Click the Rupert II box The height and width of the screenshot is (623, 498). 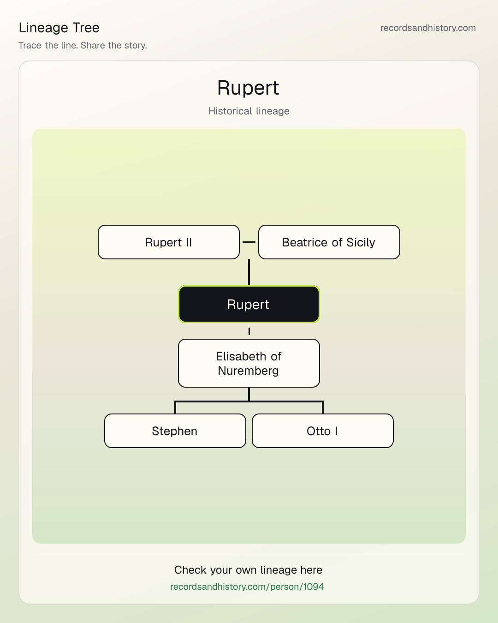169,242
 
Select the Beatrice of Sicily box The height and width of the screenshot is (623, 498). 329,242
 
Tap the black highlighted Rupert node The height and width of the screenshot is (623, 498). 249,304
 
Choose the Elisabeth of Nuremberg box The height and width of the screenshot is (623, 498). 249,363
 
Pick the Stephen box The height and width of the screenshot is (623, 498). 175,431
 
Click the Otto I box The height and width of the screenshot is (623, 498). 323,431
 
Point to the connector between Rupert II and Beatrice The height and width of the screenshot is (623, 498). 249,242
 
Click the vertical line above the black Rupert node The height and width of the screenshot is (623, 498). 249,272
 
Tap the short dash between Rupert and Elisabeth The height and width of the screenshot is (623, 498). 249,331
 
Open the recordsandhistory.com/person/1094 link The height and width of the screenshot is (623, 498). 247,587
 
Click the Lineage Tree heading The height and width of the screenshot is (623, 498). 59,28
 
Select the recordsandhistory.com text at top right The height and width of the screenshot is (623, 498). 428,28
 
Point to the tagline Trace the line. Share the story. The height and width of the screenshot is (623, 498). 83,45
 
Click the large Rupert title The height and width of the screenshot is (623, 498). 248,88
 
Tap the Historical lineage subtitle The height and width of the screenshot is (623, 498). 249,111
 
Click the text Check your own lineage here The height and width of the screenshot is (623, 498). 248,570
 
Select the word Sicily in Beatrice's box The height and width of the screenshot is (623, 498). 361,242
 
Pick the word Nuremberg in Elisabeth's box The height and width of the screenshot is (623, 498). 248,371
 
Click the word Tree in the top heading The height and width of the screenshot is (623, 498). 86,28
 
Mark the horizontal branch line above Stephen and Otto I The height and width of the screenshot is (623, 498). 249,401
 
